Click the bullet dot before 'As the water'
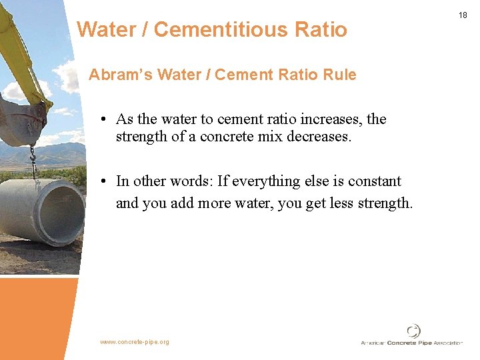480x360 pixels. [105, 120]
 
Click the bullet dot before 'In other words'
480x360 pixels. [105, 182]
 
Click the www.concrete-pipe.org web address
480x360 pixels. [135, 342]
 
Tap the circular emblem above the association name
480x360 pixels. [413, 331]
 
